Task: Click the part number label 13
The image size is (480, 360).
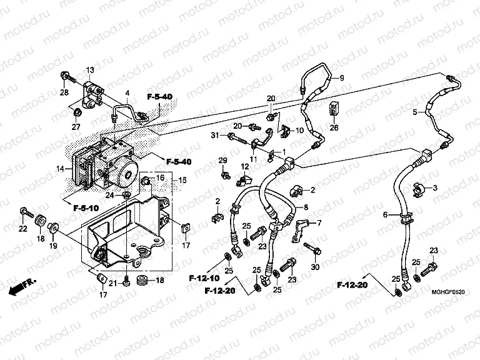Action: pyautogui.click(x=89, y=69)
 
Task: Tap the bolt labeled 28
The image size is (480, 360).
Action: pyautogui.click(x=65, y=77)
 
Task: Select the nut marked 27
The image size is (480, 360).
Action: pyautogui.click(x=77, y=112)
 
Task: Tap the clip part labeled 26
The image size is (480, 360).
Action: pyautogui.click(x=334, y=110)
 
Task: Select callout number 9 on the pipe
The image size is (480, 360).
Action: pyautogui.click(x=342, y=77)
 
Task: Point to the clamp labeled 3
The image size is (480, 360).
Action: pyautogui.click(x=418, y=186)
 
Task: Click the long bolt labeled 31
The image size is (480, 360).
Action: pyautogui.click(x=234, y=136)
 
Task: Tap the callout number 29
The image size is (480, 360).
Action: pyautogui.click(x=222, y=161)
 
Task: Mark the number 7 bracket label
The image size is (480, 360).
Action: pyautogui.click(x=319, y=223)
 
